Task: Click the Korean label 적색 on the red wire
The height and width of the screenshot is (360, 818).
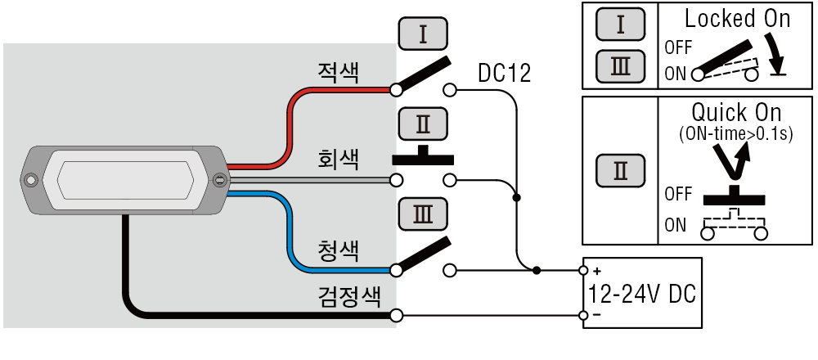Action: pos(338,73)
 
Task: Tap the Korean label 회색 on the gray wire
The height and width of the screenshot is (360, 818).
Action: pos(338,160)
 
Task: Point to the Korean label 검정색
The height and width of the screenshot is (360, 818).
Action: pos(349,296)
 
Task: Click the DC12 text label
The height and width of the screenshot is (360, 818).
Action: pos(505,74)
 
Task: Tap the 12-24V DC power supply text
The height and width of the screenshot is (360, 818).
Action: pos(642,294)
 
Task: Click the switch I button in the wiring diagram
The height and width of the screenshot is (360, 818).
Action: pos(423,34)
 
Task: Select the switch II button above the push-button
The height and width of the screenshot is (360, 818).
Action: pos(423,124)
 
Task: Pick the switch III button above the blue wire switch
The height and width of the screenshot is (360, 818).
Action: pos(423,214)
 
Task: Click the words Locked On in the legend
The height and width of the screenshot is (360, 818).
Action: pos(737,19)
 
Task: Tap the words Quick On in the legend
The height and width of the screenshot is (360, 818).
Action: pos(737,112)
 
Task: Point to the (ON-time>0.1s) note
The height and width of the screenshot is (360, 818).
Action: pos(736,134)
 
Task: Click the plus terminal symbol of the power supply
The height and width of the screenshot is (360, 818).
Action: pos(597,272)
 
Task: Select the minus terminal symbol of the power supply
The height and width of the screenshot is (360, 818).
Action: pos(597,315)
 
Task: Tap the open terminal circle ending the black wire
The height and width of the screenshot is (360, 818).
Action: pos(397,316)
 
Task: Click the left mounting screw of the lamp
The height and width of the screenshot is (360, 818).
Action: pos(31,180)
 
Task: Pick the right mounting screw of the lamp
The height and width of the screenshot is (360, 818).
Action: pos(220,180)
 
